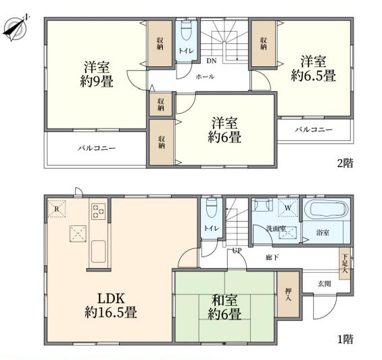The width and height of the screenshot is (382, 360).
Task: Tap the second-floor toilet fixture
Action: [187, 30]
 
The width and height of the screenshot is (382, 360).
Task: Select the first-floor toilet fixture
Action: [211, 207]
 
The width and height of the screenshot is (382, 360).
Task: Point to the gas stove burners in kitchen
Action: [98, 211]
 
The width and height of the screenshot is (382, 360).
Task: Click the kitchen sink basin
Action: [99, 251]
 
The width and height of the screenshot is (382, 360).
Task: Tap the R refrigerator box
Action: [57, 208]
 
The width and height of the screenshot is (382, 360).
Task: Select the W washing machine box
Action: [288, 208]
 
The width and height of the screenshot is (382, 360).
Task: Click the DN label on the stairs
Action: [212, 61]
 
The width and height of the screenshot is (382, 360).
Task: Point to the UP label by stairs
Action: [237, 250]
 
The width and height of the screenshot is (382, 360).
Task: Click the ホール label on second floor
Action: [205, 77]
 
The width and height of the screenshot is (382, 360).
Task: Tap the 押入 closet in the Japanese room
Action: [289, 294]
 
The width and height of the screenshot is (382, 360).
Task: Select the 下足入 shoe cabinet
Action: [345, 263]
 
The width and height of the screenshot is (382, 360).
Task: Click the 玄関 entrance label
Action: [325, 284]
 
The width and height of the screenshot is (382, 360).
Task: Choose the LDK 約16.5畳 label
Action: [111, 305]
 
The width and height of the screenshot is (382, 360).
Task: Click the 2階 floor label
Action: [345, 163]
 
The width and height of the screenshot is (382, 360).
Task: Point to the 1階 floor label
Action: [345, 339]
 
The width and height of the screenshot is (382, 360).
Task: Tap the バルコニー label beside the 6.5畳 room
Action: [314, 129]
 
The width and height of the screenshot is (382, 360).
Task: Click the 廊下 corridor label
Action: [272, 257]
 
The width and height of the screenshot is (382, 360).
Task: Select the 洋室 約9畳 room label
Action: [97, 74]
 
